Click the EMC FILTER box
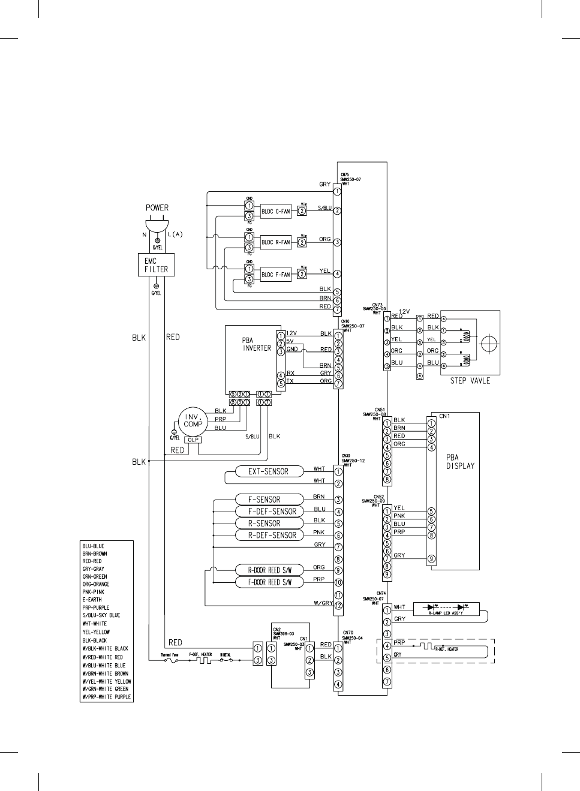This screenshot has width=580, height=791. [156, 265]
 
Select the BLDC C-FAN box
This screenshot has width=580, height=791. [275, 211]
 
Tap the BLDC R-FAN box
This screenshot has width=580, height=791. [275, 242]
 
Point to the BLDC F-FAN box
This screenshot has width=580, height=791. [275, 275]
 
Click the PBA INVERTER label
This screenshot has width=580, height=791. [257, 344]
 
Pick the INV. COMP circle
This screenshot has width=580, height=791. [193, 420]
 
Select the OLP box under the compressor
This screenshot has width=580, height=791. [193, 440]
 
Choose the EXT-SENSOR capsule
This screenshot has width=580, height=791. [268, 471]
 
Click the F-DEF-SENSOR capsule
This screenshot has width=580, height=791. [272, 512]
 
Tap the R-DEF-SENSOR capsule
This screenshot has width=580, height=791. [272, 535]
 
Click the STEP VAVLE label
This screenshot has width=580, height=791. [470, 381]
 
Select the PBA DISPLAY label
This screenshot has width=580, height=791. [460, 462]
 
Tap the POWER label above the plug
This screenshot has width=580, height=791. [157, 208]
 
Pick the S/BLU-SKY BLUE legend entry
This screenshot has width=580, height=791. [101, 615]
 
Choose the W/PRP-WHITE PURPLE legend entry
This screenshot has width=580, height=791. [107, 697]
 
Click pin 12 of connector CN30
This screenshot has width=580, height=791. [338, 606]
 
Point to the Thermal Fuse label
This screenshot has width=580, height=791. [169, 655]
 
